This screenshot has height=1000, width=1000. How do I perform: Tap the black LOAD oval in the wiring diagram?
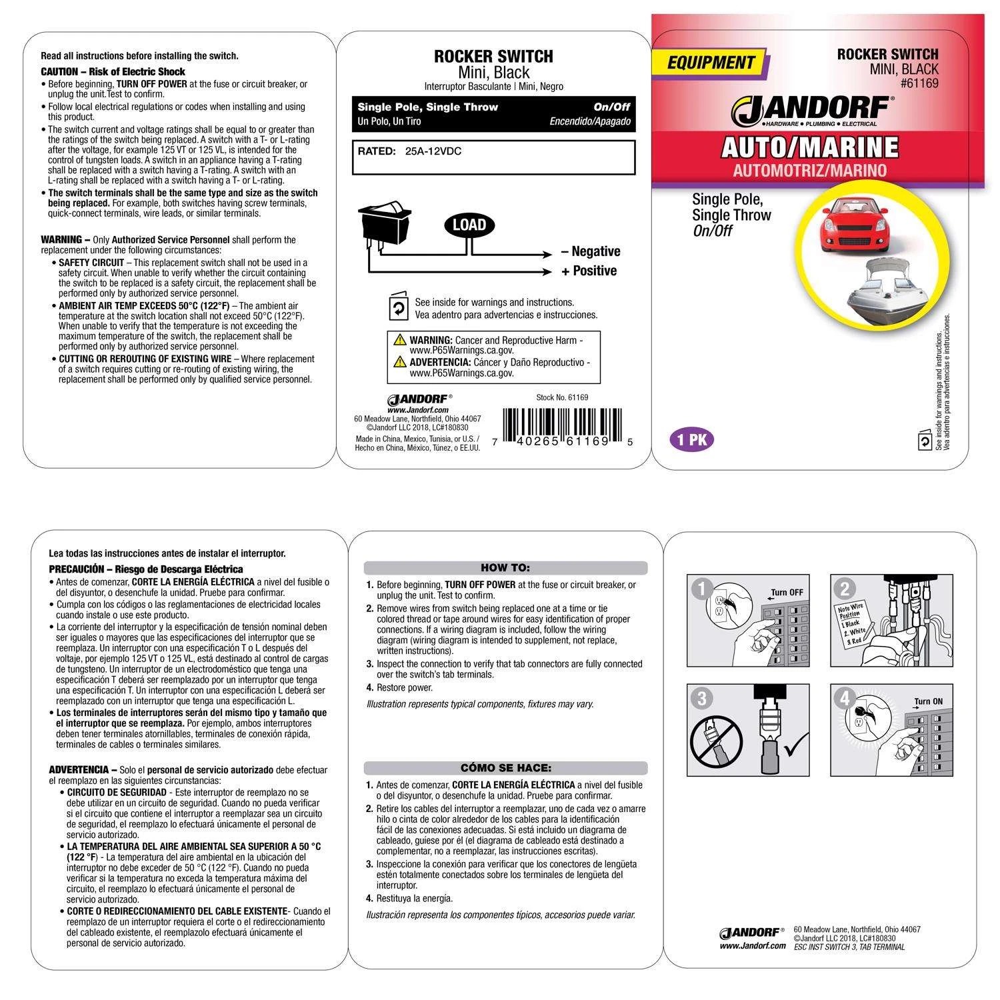(469, 225)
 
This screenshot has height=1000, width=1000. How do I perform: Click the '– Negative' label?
(591, 251)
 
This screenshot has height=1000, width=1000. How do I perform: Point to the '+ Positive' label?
(589, 271)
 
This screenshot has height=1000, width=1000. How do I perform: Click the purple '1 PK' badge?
(691, 440)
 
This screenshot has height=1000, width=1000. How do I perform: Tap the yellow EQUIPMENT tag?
(711, 63)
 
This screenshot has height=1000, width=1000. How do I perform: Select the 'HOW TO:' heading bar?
(505, 568)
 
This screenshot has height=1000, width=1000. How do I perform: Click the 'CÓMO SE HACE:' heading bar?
(505, 768)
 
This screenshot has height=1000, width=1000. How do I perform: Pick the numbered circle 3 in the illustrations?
(701, 698)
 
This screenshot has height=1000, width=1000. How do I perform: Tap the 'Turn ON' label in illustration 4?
(928, 701)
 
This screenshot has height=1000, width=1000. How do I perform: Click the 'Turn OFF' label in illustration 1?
(787, 592)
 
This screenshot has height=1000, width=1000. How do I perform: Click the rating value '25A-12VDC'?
(433, 151)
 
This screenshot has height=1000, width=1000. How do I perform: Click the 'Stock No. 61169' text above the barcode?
(562, 397)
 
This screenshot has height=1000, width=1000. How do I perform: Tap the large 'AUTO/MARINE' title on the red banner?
(809, 147)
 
